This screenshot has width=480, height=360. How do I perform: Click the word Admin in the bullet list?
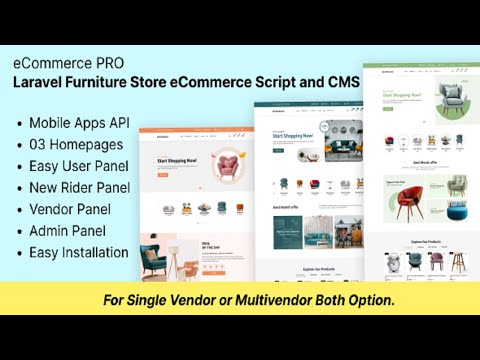pyautogui.click(x=50, y=231)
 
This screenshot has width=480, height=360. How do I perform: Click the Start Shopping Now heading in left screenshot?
pyautogui.click(x=177, y=158)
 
